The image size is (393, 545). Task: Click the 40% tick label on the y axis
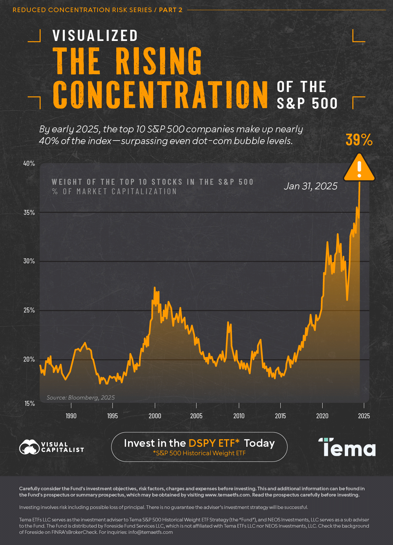tap(29, 163)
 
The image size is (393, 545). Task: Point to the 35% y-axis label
tap(29, 213)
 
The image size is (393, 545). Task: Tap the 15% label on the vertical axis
tap(29, 404)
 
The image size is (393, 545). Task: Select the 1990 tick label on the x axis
tap(71, 416)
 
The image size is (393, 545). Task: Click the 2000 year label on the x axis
tap(155, 416)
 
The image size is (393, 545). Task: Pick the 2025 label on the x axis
tap(364, 416)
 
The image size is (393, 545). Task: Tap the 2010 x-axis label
tap(239, 416)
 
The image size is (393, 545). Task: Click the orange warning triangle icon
tap(359, 168)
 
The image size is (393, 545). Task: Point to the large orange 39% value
tap(359, 140)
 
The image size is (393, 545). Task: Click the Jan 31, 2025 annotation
tap(310, 186)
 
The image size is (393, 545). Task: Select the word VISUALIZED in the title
tap(95, 36)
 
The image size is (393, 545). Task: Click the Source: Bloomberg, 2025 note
tap(81, 398)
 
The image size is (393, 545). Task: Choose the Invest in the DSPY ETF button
tap(199, 447)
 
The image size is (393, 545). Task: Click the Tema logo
tap(347, 447)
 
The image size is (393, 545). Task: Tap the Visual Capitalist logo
tap(52, 447)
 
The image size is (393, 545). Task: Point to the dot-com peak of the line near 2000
tap(155, 288)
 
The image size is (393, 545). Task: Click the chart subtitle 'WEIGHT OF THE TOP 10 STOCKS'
tap(153, 182)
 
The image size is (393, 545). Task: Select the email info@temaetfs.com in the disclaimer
tap(150, 532)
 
